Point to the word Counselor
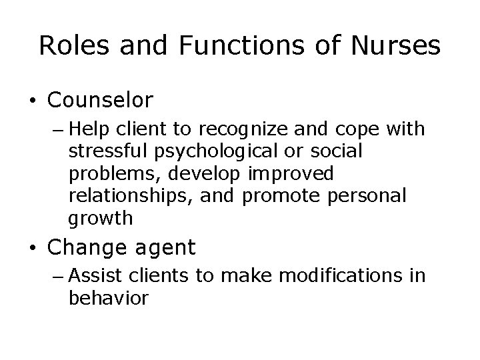[101, 101]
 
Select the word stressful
[107, 152]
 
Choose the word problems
[112, 174]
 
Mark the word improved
[289, 174]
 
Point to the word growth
[101, 218]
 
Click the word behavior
[108, 298]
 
